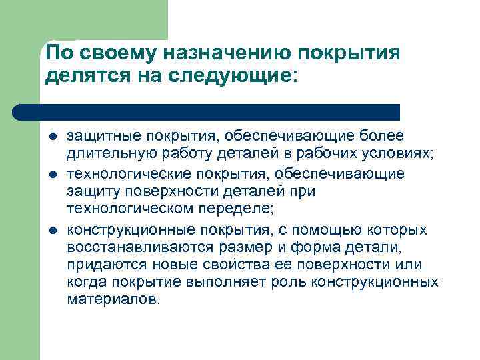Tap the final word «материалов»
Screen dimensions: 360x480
[x=113, y=301]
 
